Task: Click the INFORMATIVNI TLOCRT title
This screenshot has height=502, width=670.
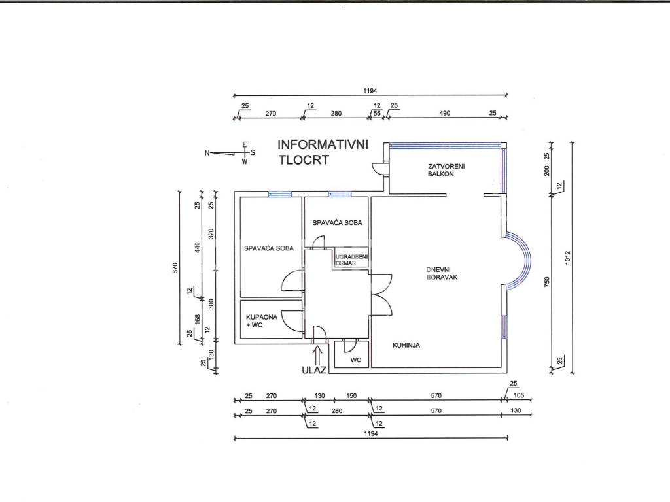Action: coord(323,152)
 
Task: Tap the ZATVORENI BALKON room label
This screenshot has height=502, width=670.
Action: coord(446,170)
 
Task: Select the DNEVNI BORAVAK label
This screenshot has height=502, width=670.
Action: coord(442,273)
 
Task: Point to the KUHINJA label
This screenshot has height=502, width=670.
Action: coord(406,345)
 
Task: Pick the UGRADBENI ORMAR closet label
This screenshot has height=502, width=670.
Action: coord(351,260)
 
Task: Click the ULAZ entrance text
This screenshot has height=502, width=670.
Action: coord(314,370)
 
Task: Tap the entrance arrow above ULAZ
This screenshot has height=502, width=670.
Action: coord(317,354)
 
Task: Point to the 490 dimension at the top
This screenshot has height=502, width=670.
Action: coord(445,113)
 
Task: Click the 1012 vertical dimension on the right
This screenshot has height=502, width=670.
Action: coord(567,257)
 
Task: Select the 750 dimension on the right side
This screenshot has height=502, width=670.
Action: coord(548,282)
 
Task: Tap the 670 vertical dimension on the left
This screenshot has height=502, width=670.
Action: coord(175,268)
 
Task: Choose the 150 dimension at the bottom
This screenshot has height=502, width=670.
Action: coord(351,395)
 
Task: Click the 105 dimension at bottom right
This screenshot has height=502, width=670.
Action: coord(518,395)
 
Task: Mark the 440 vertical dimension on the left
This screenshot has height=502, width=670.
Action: coord(197,246)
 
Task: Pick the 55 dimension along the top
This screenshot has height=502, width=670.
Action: coord(377,113)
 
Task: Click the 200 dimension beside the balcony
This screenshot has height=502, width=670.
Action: coord(548,171)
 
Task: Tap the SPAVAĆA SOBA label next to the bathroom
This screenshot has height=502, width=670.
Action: coord(269,248)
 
